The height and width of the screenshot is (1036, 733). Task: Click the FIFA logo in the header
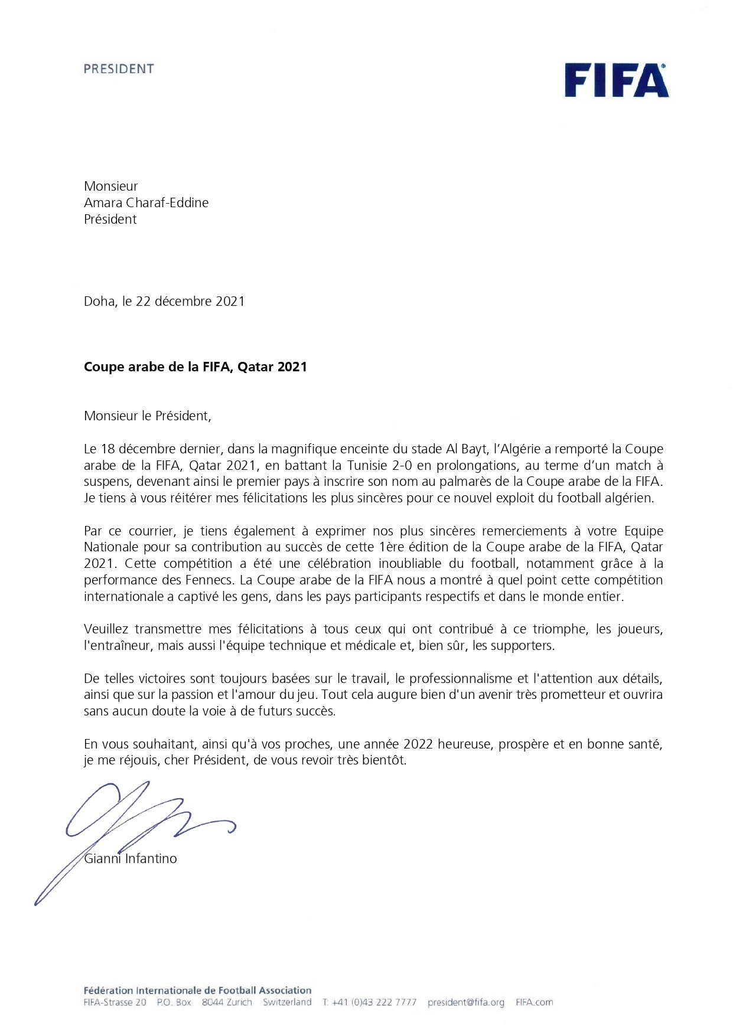click(616, 80)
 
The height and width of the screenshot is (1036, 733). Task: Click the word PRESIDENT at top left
click(119, 69)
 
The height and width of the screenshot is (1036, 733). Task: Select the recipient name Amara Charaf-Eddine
click(146, 202)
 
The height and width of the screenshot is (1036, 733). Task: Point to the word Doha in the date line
click(99, 301)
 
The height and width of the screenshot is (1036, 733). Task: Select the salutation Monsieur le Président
click(147, 416)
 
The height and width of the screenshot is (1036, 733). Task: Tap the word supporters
click(522, 645)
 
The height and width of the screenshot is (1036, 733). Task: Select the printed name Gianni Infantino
click(131, 858)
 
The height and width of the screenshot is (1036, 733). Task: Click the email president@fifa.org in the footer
click(466, 1002)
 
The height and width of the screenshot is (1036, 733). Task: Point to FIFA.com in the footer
click(535, 1002)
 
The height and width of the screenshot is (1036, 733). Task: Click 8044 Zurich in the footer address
click(227, 1002)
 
